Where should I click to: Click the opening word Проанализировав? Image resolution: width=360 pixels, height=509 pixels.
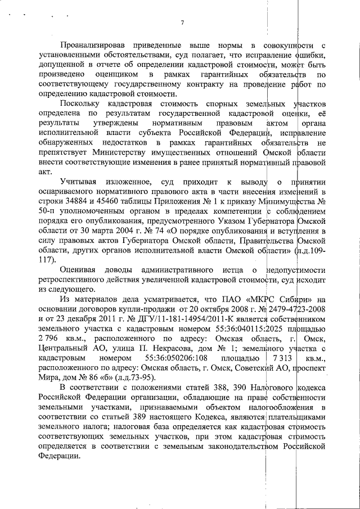pyautogui.click(x=93, y=44)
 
